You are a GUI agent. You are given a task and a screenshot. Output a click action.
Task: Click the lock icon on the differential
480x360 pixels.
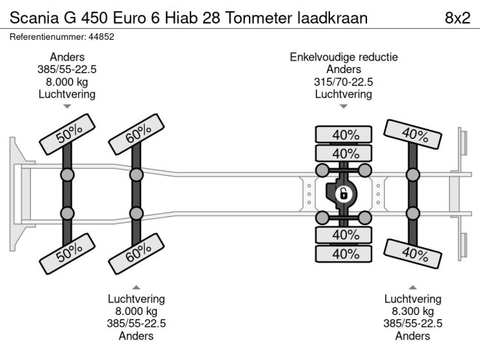[x=343, y=195]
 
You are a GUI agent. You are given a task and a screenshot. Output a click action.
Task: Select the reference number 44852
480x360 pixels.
[x=100, y=36]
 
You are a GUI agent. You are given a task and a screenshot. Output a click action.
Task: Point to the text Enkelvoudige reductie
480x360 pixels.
[x=343, y=57]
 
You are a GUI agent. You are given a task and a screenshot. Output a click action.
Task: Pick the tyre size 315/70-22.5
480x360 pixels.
[x=343, y=82]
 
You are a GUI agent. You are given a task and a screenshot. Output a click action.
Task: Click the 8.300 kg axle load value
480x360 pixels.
[x=413, y=311]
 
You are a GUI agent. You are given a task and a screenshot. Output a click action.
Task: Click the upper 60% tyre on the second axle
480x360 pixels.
[x=136, y=133]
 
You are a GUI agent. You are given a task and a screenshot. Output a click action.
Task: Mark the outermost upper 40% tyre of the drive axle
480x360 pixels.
[x=343, y=135]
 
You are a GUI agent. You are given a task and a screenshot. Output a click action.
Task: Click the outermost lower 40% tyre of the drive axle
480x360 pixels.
[x=343, y=253]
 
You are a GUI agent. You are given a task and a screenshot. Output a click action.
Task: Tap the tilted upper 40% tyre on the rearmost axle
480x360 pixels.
[x=414, y=135]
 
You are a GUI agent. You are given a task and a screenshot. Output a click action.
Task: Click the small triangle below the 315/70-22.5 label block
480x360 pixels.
[x=343, y=107]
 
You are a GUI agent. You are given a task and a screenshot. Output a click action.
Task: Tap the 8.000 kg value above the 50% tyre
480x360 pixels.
[x=67, y=82]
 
